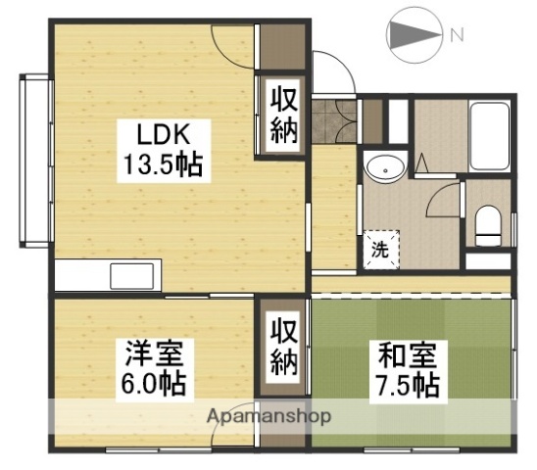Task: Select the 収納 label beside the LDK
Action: [x=282, y=116]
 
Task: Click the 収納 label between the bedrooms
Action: [x=283, y=349]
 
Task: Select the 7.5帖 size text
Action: [x=405, y=384]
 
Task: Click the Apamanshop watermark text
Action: [x=268, y=416]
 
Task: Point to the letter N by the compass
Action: [x=456, y=35]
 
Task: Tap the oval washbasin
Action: [x=384, y=170]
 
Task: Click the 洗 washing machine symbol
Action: [x=379, y=248]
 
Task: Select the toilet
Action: [x=488, y=225]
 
